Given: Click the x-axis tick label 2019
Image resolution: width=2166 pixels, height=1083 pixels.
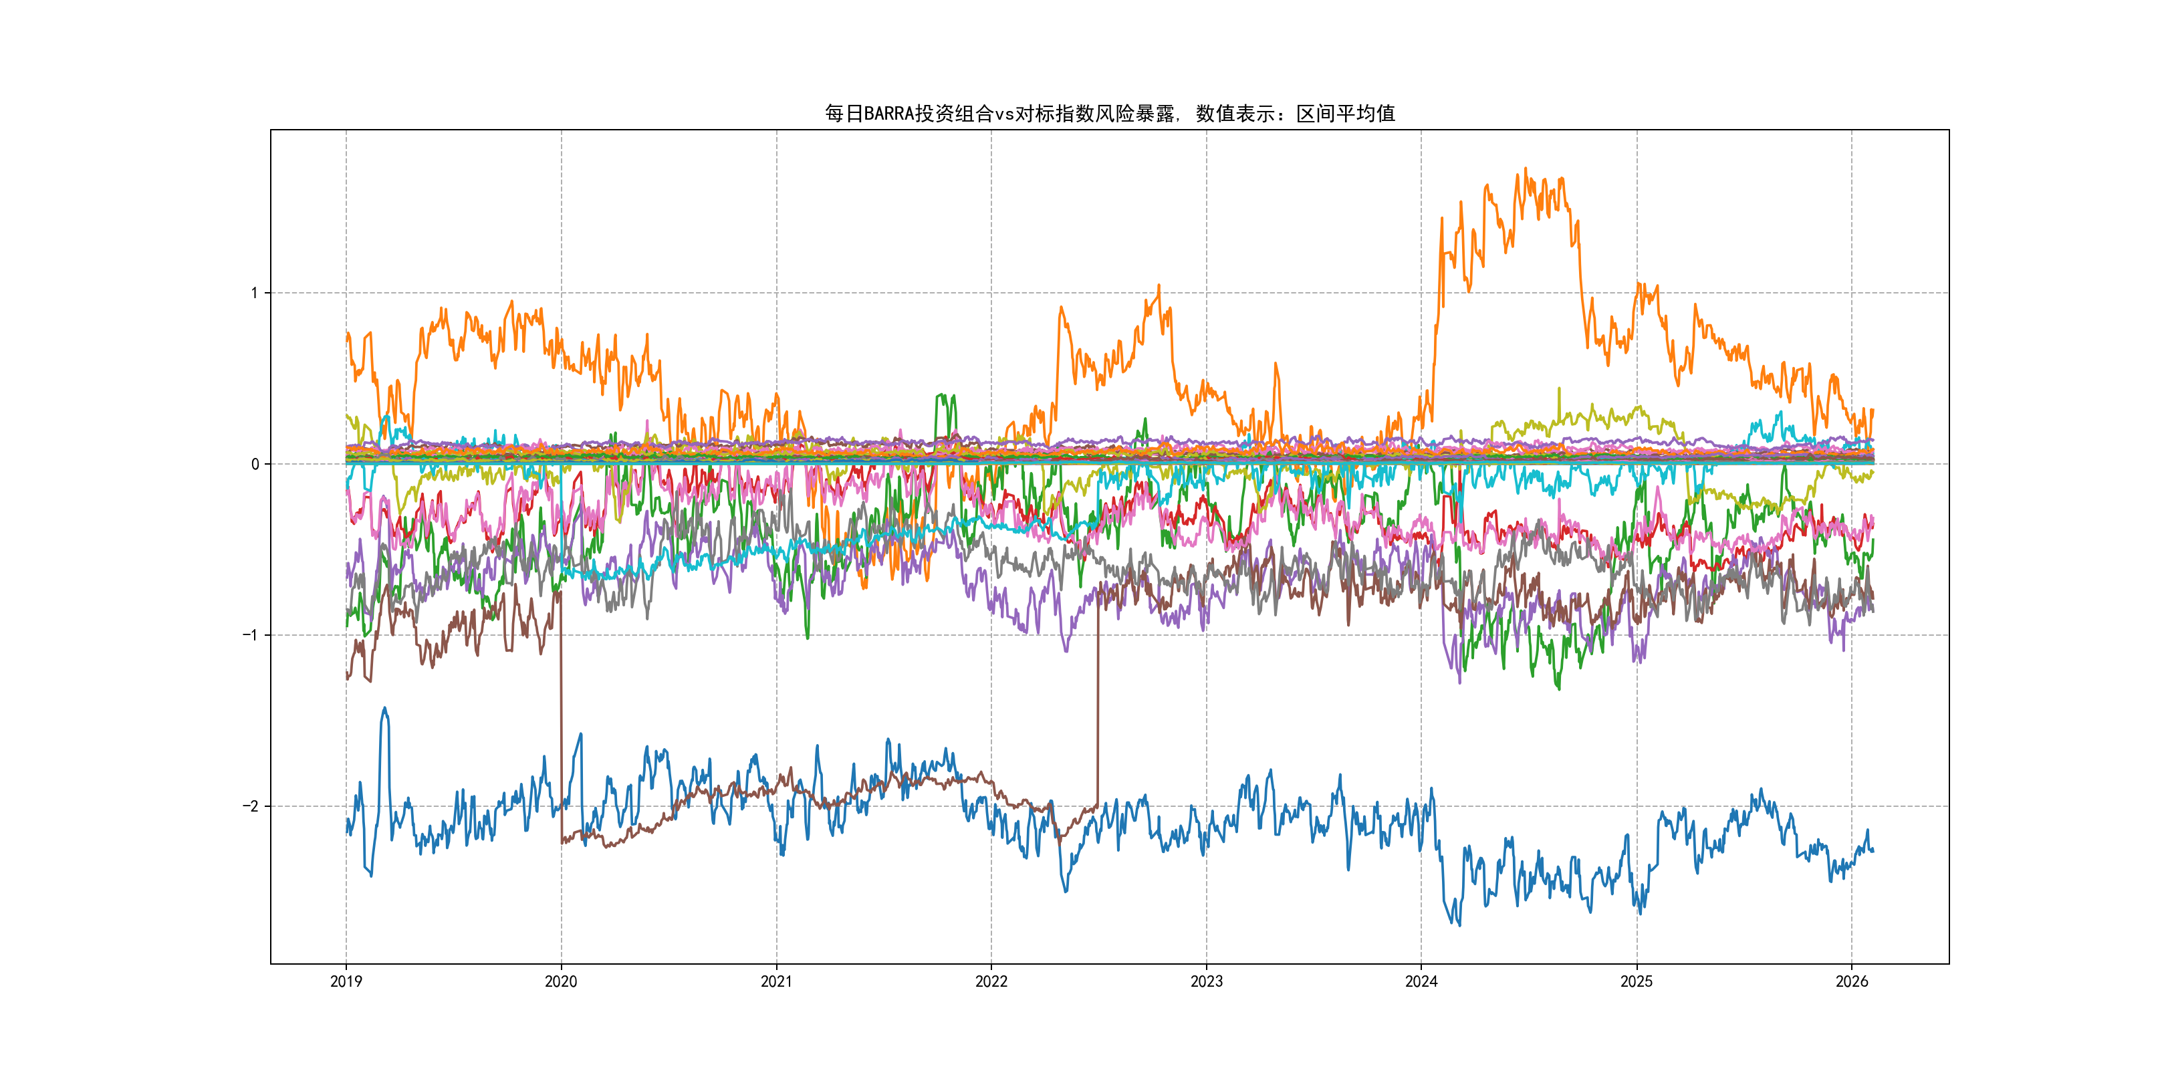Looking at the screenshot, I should (346, 981).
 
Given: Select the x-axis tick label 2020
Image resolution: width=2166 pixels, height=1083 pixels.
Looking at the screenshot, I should (561, 981).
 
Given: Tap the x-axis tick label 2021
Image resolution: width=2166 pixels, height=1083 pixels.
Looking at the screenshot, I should (776, 981).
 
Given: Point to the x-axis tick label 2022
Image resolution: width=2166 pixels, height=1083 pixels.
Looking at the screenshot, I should (991, 981).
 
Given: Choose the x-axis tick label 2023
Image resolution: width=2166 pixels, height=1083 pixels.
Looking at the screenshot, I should (1207, 981).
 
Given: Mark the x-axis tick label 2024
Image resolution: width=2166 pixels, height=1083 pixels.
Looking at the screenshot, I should (1421, 981).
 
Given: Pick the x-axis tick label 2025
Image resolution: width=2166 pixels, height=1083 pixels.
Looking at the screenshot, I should (1637, 981).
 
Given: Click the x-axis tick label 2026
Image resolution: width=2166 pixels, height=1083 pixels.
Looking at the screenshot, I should (1852, 981).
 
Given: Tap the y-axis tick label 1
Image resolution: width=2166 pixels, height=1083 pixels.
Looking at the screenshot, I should (254, 293).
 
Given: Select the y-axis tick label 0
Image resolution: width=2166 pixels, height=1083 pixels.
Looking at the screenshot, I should (255, 464).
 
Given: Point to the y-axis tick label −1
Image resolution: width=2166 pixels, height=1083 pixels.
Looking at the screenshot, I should (251, 635).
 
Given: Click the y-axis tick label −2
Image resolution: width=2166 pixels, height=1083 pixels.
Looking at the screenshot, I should (251, 806).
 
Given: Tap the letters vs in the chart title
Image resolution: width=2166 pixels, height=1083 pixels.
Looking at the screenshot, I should (1004, 114).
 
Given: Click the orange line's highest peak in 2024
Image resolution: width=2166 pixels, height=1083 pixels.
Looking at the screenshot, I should (1526, 169).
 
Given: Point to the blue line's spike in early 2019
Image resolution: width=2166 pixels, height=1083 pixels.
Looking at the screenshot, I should (385, 709).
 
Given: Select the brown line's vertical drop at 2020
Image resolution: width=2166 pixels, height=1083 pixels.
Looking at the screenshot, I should (561, 715).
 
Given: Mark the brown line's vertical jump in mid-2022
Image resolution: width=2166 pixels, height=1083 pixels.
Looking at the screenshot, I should (1097, 698).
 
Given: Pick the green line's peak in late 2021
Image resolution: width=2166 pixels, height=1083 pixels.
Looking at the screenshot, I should (943, 395).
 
